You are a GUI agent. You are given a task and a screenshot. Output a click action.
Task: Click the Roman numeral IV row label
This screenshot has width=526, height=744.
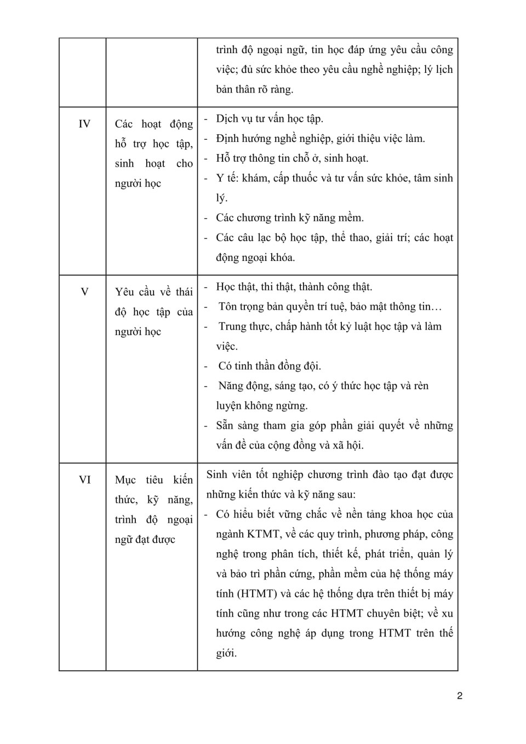(84, 124)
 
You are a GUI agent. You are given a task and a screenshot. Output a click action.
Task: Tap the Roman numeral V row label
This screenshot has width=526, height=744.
(84, 292)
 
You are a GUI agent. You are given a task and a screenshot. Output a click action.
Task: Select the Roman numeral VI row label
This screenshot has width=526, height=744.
(84, 480)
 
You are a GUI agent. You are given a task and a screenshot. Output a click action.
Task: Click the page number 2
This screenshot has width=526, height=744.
(460, 696)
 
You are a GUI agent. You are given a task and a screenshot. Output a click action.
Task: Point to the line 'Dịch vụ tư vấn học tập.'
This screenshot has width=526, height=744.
(270, 118)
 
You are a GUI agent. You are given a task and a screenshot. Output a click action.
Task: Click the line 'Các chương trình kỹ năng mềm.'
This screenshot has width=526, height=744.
(289, 218)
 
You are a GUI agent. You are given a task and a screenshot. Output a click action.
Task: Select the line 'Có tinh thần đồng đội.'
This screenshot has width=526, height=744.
(270, 366)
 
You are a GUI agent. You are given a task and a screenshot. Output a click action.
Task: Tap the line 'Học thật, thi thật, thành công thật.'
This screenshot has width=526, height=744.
(294, 287)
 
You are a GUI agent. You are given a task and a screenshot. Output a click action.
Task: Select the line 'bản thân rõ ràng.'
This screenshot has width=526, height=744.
(254, 89)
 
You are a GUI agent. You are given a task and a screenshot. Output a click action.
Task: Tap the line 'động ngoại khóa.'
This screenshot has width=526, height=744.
(255, 257)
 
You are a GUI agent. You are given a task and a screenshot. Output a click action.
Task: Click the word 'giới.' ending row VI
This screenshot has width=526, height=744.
(226, 652)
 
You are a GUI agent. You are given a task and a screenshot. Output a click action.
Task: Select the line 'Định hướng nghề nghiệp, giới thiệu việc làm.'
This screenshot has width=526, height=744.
(320, 138)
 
